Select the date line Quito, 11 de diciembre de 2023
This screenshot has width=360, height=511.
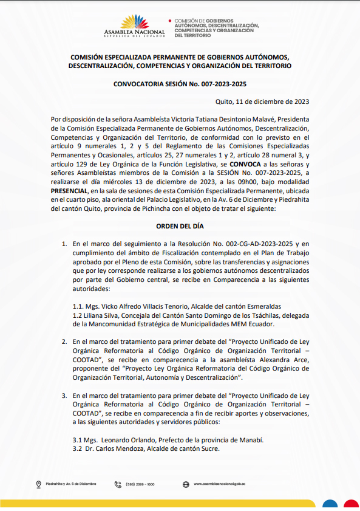(x=263, y=102)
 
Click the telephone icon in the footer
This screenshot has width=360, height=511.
(x=118, y=484)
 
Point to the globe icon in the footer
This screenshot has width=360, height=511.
(x=186, y=484)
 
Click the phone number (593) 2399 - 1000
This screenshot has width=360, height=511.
(x=140, y=484)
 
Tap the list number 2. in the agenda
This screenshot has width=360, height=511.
(x=64, y=342)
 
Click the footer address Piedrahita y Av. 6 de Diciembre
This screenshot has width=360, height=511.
(x=71, y=484)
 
